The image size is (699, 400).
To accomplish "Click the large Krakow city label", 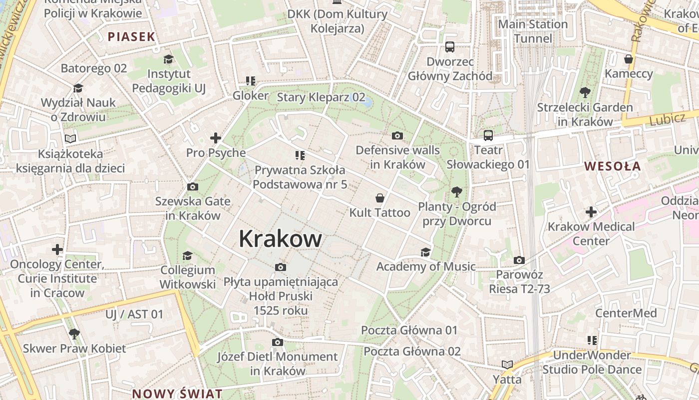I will coord(280,239).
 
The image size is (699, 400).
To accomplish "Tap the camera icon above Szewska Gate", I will coord(192,187).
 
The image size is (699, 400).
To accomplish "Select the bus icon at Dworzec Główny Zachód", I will coord(450,47).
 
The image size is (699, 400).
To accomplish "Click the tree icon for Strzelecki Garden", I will coord(585,92).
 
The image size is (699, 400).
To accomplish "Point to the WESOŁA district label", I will coord(612,166).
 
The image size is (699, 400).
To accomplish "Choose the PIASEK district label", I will coord(131,36).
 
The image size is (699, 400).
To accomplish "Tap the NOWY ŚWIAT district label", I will coord(177,393).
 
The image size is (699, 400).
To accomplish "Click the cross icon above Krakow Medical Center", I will coord(591,212).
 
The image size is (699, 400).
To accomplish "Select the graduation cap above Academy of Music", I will coord(425,252).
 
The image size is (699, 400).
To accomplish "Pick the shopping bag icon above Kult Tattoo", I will coord(380,198).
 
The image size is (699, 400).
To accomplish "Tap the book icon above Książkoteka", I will coord(70,138).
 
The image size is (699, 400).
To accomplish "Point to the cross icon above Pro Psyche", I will coord(216,138).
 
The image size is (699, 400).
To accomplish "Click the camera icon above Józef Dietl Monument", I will coord(278,342).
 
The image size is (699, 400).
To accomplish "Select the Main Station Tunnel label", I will coord(533,31).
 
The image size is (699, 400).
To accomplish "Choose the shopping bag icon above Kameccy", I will coord(629,59).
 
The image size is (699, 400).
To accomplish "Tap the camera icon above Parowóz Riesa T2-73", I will coord(519,260).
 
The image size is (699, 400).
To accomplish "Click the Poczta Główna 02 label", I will coord(412,351).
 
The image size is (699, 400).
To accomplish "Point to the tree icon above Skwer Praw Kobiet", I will coord(74,333).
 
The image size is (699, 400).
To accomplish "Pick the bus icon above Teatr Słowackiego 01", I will coord(488,135).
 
